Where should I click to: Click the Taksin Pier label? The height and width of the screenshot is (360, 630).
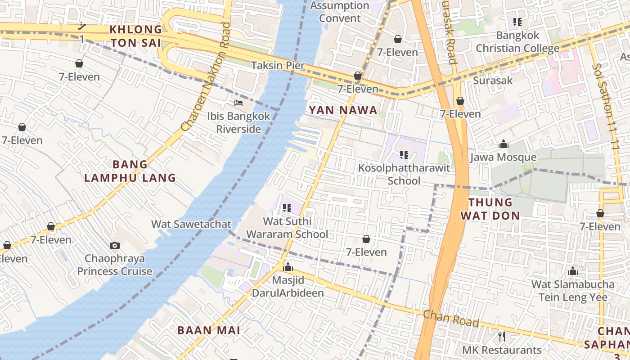click(x=278, y=66)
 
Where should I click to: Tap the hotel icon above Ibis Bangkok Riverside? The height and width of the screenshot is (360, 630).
click(x=238, y=103)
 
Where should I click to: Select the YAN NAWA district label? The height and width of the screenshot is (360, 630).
click(x=343, y=111)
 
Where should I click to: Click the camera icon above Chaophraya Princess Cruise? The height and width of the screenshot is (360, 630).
click(x=115, y=245)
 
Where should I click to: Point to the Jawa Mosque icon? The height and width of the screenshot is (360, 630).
click(x=503, y=144)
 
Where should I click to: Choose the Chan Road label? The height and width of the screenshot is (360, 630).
click(x=451, y=318)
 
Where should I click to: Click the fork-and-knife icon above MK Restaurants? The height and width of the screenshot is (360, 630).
click(x=502, y=336)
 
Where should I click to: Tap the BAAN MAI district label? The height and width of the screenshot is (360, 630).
click(x=208, y=330)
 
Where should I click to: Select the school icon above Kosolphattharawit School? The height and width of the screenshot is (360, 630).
click(x=404, y=155)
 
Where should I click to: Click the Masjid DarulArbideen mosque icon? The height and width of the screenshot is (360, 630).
click(x=288, y=267)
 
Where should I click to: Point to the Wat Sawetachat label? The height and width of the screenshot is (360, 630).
click(x=191, y=224)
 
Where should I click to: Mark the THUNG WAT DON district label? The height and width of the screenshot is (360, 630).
click(x=490, y=209)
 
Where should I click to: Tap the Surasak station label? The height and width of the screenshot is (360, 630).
click(x=493, y=81)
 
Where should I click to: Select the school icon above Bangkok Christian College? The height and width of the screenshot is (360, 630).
click(x=517, y=22)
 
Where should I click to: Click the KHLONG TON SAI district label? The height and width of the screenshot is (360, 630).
click(x=136, y=36)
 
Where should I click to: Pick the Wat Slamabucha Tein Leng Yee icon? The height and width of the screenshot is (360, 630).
click(x=572, y=271)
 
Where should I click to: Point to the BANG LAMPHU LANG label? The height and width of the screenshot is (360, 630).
click(x=130, y=171)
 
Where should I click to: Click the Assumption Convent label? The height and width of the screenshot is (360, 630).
click(x=340, y=12)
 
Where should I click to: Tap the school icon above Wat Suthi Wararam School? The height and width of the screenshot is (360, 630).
click(x=287, y=208)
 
